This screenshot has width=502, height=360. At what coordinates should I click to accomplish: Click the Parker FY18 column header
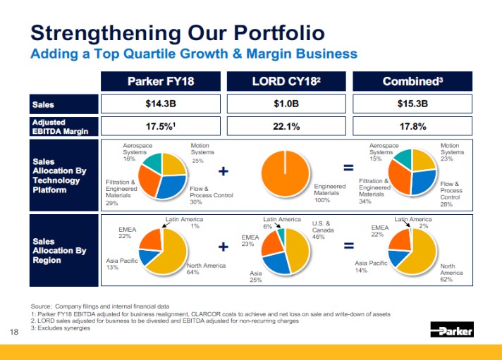coord(160,82)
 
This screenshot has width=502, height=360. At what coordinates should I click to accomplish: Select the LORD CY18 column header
coord(286,82)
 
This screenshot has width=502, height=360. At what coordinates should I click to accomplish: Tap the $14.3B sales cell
coord(160,105)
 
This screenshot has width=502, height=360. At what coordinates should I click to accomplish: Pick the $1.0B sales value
coord(286,105)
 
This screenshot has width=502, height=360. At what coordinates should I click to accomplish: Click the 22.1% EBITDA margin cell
coord(286,127)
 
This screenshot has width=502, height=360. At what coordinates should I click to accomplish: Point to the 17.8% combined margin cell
coord(412,127)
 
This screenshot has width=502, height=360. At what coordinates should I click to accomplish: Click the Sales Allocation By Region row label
coord(60,251)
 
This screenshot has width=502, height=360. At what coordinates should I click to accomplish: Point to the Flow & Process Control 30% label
coord(211,195)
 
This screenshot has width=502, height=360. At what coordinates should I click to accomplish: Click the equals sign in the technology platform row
coord(348,168)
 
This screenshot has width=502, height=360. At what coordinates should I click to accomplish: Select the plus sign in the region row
coord(224,247)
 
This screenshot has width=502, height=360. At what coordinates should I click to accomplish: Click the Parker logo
coord(452,330)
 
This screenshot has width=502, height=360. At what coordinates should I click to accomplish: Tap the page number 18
coord(13,332)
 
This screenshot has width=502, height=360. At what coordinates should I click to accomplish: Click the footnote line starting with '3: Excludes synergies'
coord(61,328)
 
